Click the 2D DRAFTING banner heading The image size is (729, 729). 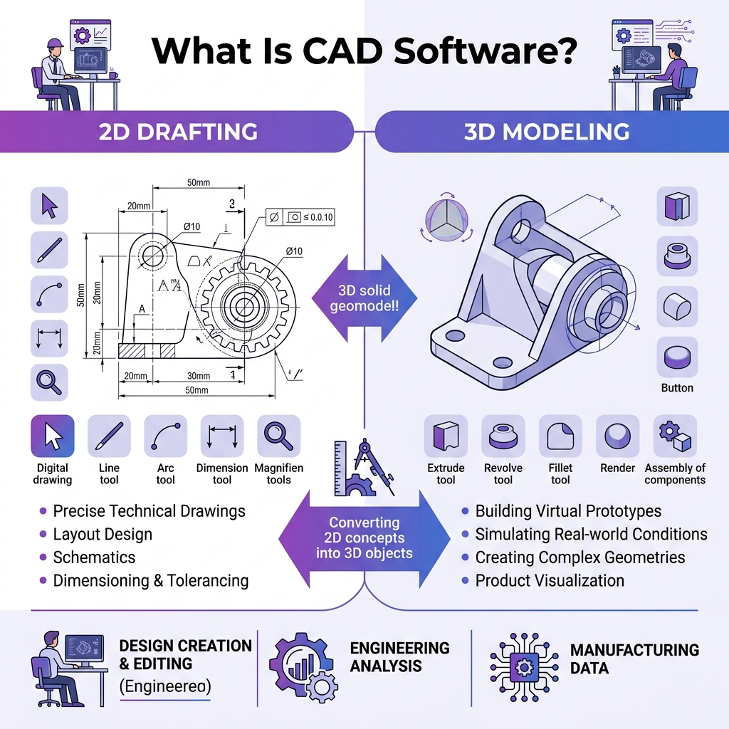pos(179,132)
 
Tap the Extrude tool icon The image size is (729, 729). pos(446,436)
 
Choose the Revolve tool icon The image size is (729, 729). pos(503,436)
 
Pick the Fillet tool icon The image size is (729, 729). pos(560,436)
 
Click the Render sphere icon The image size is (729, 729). pos(617,436)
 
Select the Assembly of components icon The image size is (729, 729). pos(675,436)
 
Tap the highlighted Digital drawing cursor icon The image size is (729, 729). pos(53,436)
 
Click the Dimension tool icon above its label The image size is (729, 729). pos(222,436)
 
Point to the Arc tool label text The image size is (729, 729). pos(165,474)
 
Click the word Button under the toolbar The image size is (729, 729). pos(676,388)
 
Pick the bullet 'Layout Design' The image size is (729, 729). pos(103,534)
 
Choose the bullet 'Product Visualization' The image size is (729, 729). pos(549,580)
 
